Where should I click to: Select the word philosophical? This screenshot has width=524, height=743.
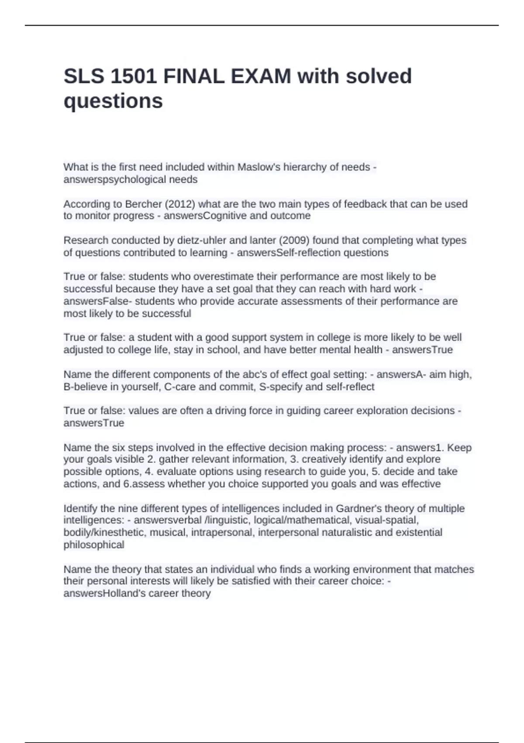pyautogui.click(x=94, y=545)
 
